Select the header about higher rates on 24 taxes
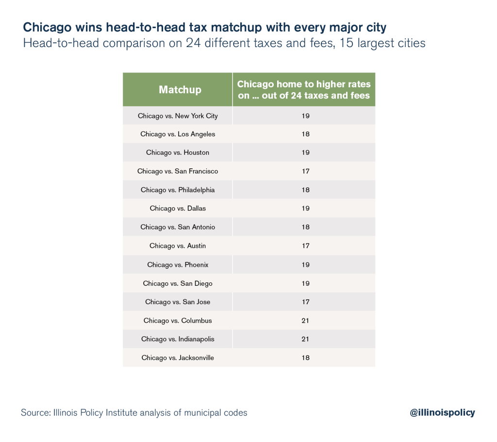pyautogui.click(x=304, y=90)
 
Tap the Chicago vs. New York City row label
pyautogui.click(x=178, y=116)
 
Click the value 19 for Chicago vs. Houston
pyautogui.click(x=305, y=153)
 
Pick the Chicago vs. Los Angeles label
pyautogui.click(x=178, y=134)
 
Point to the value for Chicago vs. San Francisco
pyautogui.click(x=305, y=171)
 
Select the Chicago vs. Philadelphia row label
pyautogui.click(x=178, y=190)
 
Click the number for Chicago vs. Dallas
pyautogui.click(x=305, y=209)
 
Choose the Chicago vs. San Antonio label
pyautogui.click(x=178, y=227)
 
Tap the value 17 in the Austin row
pyautogui.click(x=305, y=246)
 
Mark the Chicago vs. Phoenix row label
pyautogui.click(x=178, y=265)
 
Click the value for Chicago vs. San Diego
pyautogui.click(x=305, y=283)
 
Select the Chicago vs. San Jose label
pyautogui.click(x=178, y=302)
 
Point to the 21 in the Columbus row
pyautogui.click(x=305, y=321)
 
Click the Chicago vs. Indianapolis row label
pyautogui.click(x=178, y=339)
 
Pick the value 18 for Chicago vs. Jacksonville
pyautogui.click(x=305, y=358)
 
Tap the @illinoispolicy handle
pyautogui.click(x=442, y=413)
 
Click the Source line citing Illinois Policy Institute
pyautogui.click(x=134, y=413)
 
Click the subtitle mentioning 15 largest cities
pyautogui.click(x=224, y=43)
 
